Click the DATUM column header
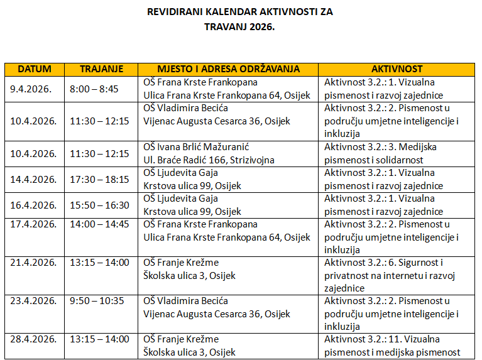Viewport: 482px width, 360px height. (35, 69)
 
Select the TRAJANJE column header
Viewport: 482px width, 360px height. (102, 69)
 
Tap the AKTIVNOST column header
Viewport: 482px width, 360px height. (397, 69)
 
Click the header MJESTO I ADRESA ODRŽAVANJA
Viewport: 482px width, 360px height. (228, 69)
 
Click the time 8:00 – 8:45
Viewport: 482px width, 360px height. (95, 89)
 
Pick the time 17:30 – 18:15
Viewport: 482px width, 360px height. (99, 179)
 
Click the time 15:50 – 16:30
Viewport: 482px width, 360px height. (99, 205)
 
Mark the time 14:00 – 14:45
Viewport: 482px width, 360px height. (99, 224)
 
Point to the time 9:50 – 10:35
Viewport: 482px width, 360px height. (97, 301)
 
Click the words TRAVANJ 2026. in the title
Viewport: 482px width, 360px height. (240, 27)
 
